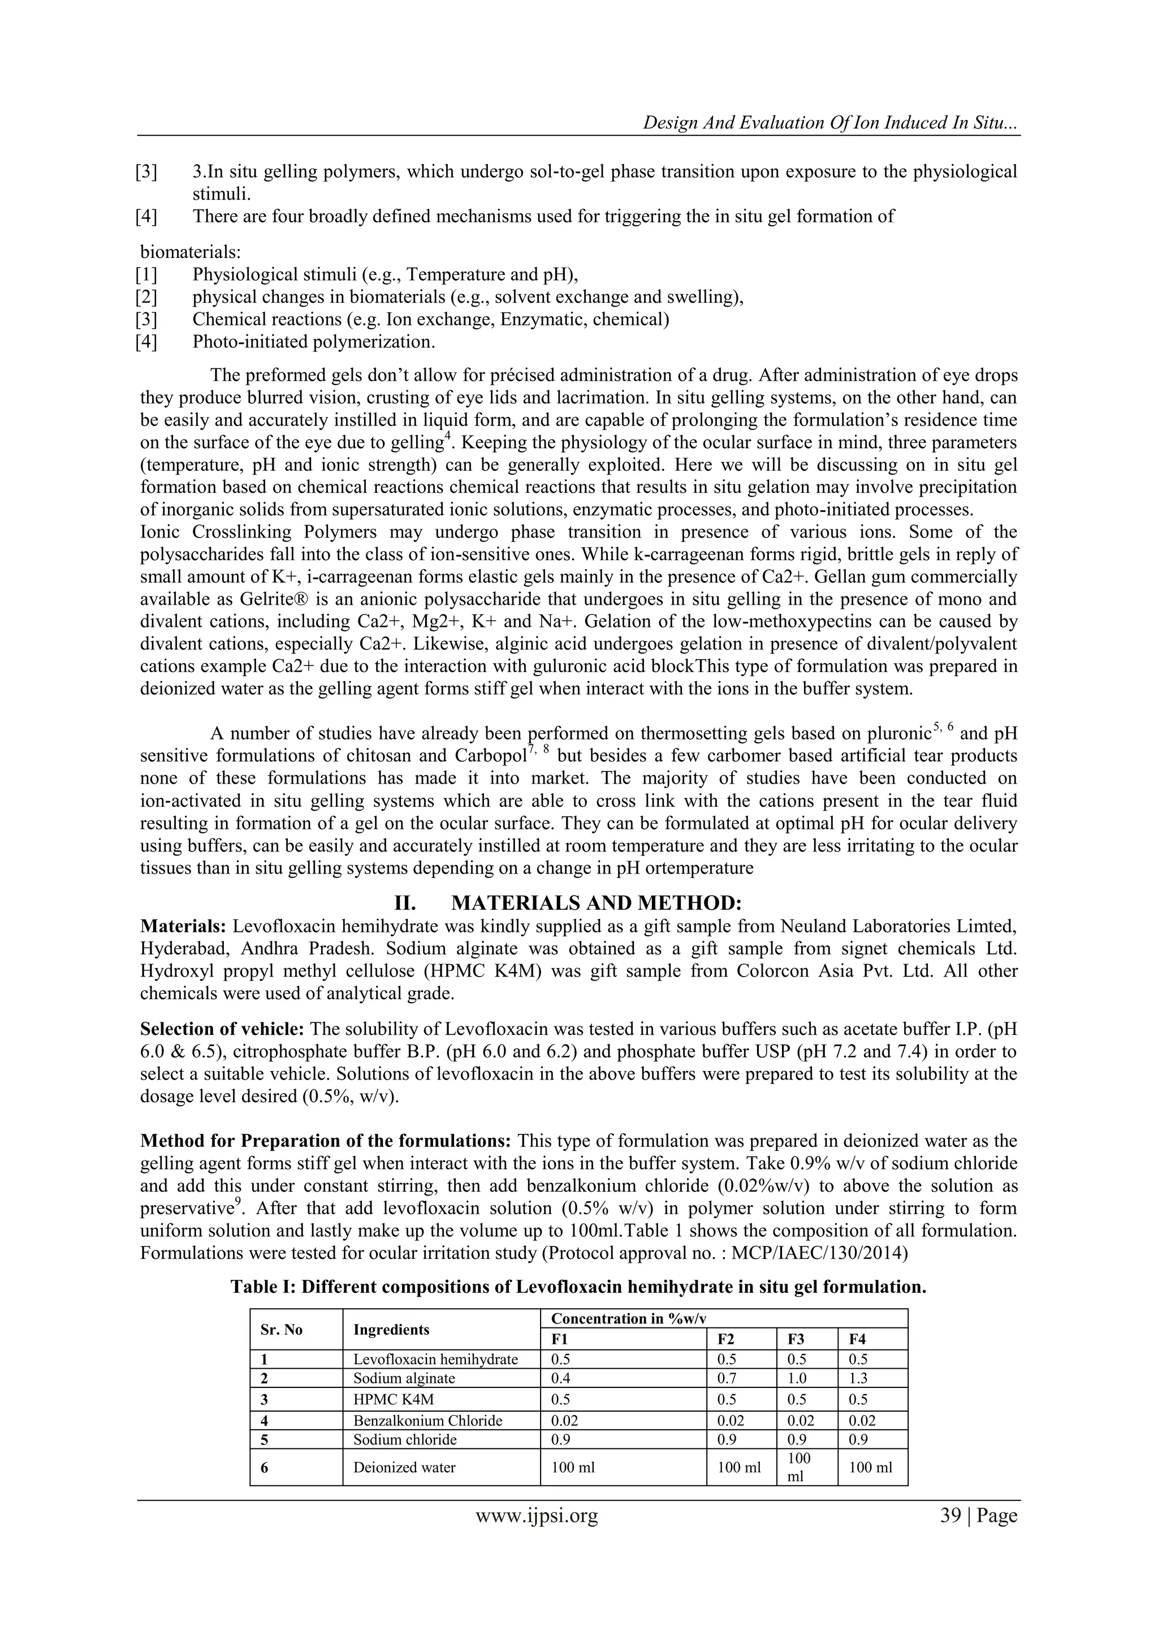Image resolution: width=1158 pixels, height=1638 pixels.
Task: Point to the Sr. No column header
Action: pyautogui.click(x=282, y=1329)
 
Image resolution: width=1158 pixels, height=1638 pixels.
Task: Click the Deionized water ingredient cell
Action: pyautogui.click(x=404, y=1467)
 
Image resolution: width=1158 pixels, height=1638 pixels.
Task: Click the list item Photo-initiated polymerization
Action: pyautogui.click(x=313, y=342)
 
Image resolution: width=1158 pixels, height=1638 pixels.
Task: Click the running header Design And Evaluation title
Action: pyautogui.click(x=831, y=122)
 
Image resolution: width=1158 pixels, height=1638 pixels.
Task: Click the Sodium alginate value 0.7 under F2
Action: pyautogui.click(x=727, y=1378)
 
